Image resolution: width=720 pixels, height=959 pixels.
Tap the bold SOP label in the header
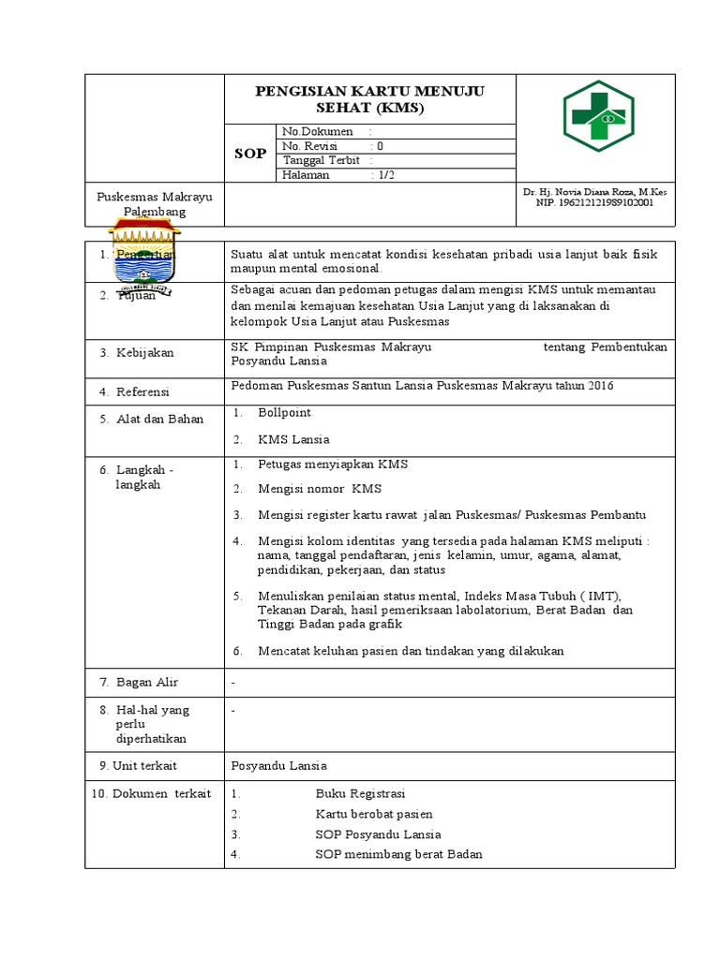250,153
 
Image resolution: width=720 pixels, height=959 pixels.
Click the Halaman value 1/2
383,175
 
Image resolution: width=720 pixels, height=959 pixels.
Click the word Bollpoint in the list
284,412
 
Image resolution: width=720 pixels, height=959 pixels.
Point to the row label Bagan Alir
146,682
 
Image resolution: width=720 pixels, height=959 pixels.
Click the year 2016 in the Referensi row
593,385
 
